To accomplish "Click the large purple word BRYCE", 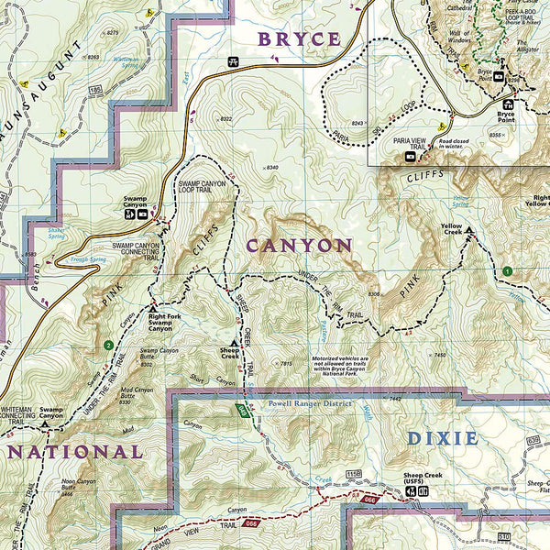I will pos(299,39).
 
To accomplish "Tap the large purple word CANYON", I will pos(299,246).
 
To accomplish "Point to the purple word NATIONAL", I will pos(74,452).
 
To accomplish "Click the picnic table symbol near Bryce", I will pos(232,62).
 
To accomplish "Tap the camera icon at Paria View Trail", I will pos(410,156).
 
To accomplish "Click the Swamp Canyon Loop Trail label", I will pos(203,191).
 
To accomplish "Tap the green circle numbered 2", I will pos(108,345).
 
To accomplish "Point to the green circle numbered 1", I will pos(506,270).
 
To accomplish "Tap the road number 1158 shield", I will pos(351,472).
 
